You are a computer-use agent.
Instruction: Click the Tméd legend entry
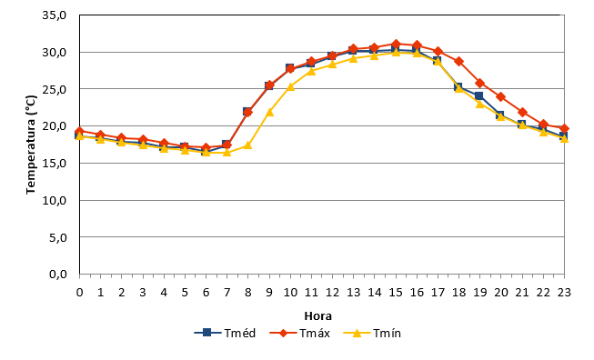pos(225,333)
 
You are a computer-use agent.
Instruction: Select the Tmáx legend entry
pos(300,333)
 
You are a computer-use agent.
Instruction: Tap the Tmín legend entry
pos(372,333)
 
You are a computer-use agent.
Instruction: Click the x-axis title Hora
pos(318,315)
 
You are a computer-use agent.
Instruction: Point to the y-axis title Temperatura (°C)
pos(31,145)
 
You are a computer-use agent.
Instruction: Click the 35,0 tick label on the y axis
pos(55,15)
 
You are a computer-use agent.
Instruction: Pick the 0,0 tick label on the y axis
pos(58,274)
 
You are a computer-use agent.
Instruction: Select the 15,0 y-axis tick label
pos(55,163)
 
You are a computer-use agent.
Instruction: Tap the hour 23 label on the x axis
pos(564,292)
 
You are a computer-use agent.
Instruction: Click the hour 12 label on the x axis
pos(332,292)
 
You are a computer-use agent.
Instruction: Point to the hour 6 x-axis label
pos(206,292)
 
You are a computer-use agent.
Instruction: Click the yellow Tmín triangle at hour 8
pos(247,145)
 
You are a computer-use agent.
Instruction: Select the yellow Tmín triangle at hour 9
pos(269,112)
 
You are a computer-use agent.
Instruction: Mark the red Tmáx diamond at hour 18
pos(458,61)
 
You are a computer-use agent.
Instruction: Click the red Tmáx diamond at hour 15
pos(396,44)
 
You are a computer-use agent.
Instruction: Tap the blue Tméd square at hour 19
pos(479,95)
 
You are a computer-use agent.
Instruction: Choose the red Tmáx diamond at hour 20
pos(501,96)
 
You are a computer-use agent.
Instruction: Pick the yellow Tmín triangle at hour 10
pos(290,86)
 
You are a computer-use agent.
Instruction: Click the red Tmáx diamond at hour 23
pos(564,129)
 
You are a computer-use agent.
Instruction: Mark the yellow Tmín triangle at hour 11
pos(311,71)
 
